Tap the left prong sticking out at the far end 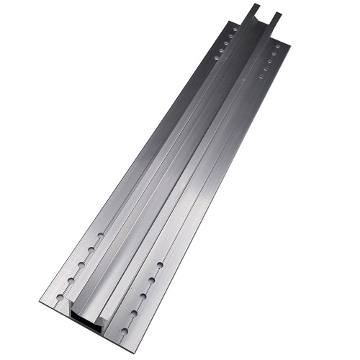(252, 11)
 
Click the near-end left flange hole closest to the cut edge (60, 297)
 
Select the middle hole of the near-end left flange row (81, 265)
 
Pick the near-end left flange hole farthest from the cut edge (101, 235)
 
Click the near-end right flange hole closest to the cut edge (125, 331)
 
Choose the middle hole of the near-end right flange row (143, 297)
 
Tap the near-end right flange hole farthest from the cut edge (160, 265)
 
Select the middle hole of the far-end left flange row (226, 43)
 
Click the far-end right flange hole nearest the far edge (277, 47)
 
